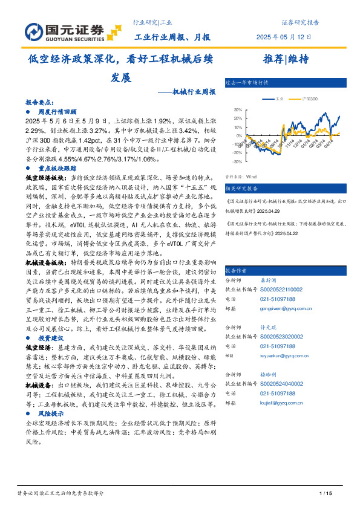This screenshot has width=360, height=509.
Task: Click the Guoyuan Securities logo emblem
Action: (x=34, y=30)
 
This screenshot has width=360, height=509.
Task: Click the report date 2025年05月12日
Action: (x=284, y=37)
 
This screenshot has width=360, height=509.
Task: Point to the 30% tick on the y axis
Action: (x=238, y=110)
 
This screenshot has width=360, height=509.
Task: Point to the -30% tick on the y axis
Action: (x=237, y=161)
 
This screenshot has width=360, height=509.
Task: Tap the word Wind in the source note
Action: (x=251, y=177)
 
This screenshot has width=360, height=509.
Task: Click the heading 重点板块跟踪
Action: (x=57, y=169)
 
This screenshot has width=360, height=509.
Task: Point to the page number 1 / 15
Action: (x=326, y=494)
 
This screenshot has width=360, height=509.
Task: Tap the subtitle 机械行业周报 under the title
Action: (x=193, y=92)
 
